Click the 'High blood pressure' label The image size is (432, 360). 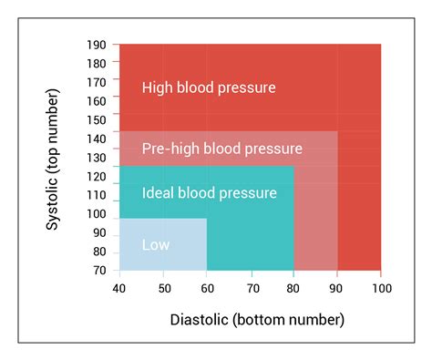pos(209,87)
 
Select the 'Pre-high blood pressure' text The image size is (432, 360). pos(222,148)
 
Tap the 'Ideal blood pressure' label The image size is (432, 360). pos(209,193)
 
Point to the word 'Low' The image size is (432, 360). pos(155,244)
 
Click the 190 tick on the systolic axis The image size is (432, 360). pos(96,45)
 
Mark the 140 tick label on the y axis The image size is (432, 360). pos(96,139)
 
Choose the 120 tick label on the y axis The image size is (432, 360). pos(96,176)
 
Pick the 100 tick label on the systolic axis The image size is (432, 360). pos(96,214)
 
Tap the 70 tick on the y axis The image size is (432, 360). pos(98,271)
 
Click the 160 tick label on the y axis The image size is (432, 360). pos(96,101)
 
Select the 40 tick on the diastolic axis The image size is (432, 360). pos(120,289)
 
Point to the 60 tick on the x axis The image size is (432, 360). pos(207,289)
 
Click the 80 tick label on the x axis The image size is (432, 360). pos(293,289)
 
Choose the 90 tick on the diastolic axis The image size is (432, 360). pos(337,289)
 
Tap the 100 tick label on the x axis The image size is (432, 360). pos(380,289)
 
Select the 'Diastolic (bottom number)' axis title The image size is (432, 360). pos(258,320)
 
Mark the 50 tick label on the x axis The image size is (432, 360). pos(163,289)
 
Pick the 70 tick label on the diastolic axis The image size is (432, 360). pos(251,289)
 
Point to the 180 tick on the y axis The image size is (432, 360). pos(96,64)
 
